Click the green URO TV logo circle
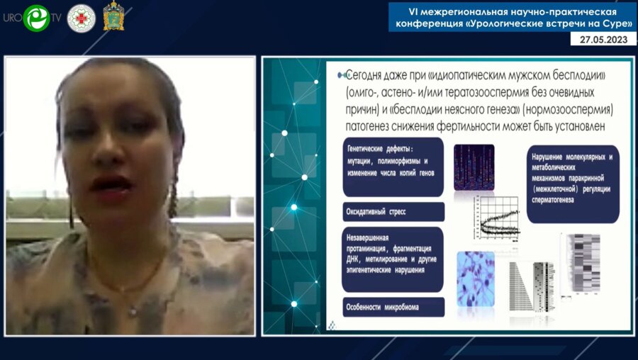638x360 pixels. [36, 18]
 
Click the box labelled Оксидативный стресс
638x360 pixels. [393, 211]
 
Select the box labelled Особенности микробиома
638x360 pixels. [393, 308]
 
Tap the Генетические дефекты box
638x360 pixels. [393, 167]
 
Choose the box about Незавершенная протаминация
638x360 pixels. [393, 259]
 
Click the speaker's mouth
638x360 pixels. [110, 184]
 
